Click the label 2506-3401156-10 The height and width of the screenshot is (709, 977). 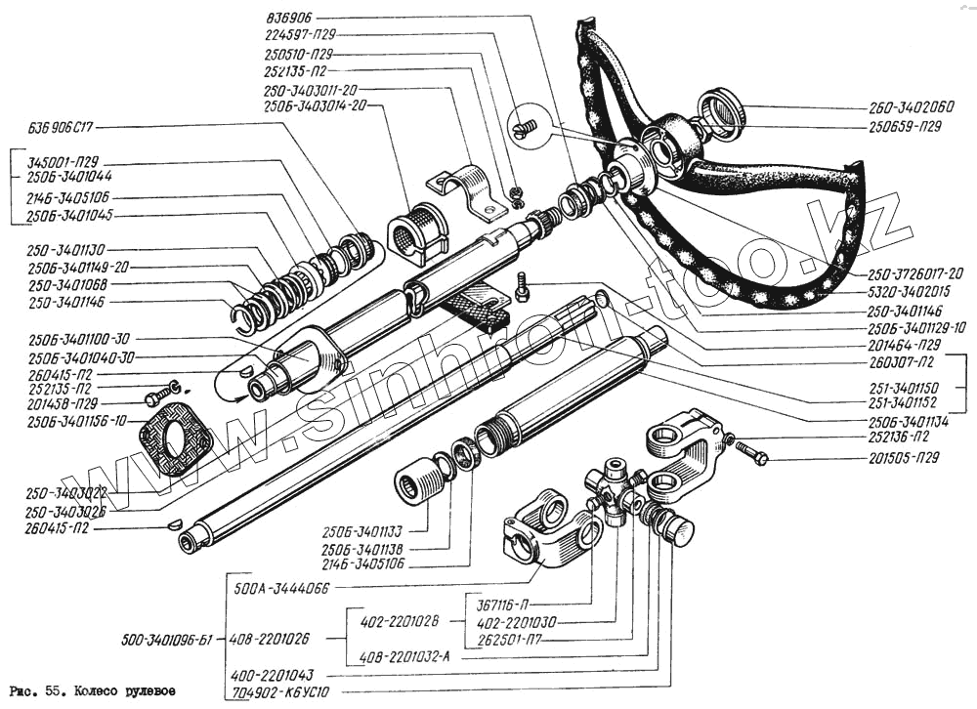(74, 420)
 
